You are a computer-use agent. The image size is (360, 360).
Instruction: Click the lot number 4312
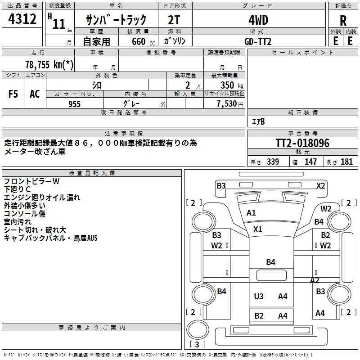(x=22, y=19)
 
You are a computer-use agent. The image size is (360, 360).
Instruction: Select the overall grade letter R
(x=343, y=21)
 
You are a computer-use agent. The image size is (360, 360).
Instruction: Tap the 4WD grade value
(x=258, y=20)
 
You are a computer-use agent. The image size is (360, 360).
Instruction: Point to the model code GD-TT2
(x=258, y=41)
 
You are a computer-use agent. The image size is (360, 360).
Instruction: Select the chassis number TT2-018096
(x=303, y=144)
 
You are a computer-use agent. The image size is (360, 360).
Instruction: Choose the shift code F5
(x=13, y=94)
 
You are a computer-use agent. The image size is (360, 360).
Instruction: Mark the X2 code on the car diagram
(x=321, y=185)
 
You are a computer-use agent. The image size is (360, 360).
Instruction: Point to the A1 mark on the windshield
(x=251, y=213)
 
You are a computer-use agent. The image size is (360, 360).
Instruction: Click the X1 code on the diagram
(x=257, y=229)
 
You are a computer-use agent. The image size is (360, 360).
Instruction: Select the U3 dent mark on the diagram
(x=259, y=296)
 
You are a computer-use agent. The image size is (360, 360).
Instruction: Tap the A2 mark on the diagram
(x=315, y=280)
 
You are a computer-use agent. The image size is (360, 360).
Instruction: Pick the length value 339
(x=272, y=162)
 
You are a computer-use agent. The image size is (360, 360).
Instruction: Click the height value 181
(x=347, y=162)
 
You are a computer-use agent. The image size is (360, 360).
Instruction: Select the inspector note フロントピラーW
(x=31, y=181)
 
